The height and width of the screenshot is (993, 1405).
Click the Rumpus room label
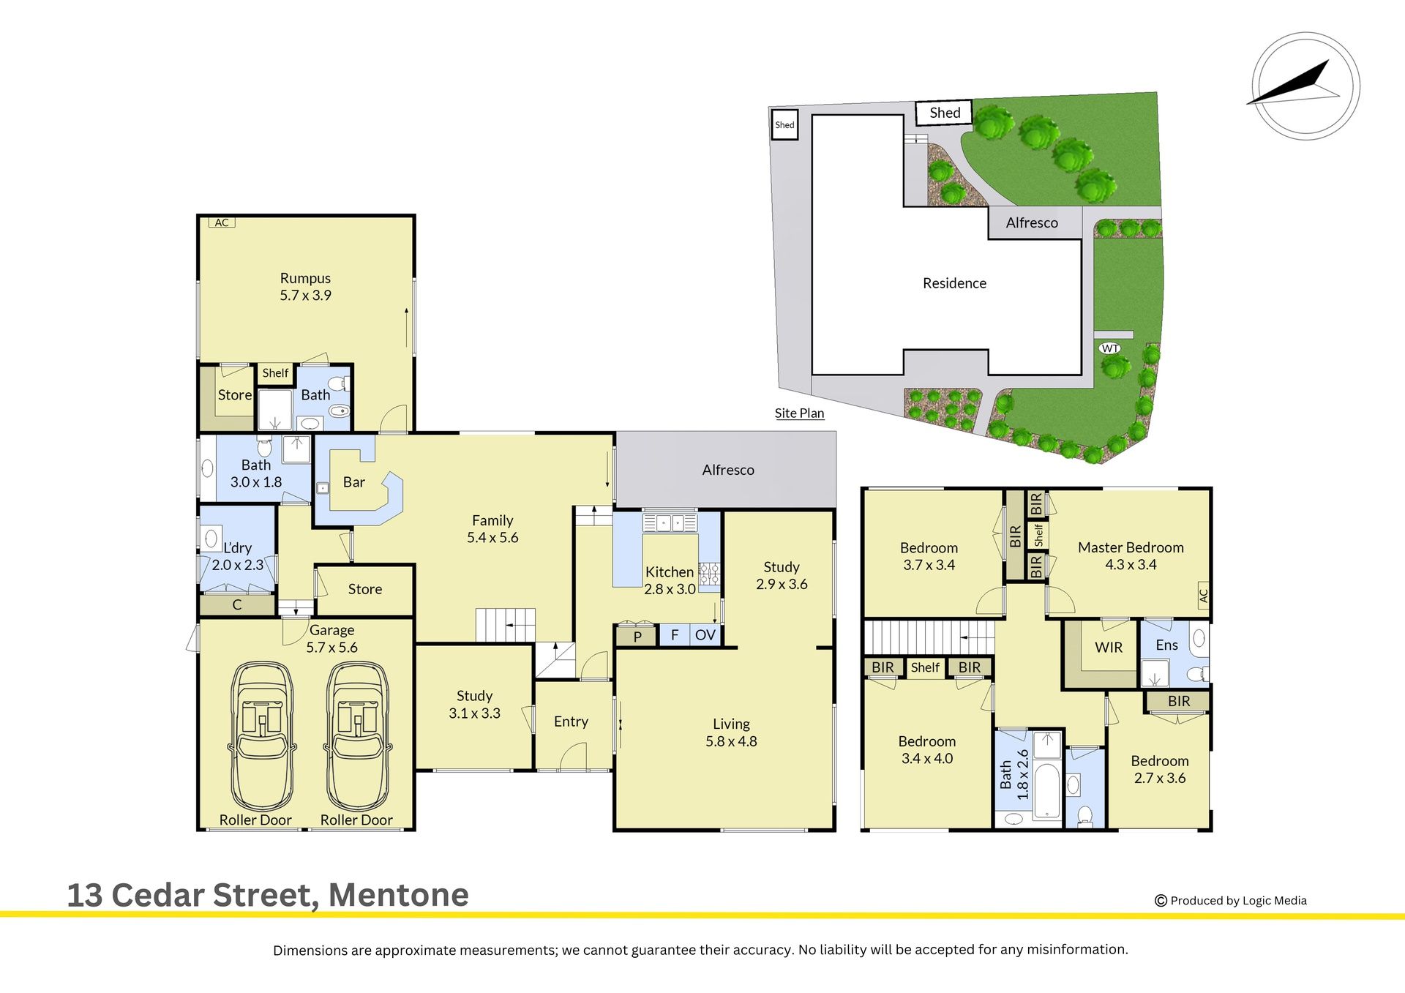click(x=305, y=287)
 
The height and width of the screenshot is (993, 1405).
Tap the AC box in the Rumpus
click(x=222, y=222)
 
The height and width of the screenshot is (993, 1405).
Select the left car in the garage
click(x=263, y=735)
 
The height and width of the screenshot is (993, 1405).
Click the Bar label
click(x=354, y=482)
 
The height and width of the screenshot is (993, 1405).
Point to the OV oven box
click(x=705, y=635)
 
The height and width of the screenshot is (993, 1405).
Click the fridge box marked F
click(x=675, y=635)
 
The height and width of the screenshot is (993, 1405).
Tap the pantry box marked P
click(x=637, y=636)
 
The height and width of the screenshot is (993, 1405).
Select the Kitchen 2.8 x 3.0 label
click(x=670, y=580)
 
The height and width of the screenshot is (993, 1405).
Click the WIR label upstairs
click(x=1109, y=648)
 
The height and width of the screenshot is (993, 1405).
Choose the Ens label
click(x=1167, y=645)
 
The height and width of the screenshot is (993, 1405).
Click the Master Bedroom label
click(x=1131, y=556)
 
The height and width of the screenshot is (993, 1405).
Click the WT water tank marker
click(x=1110, y=348)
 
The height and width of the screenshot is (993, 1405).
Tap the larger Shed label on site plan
click(x=945, y=113)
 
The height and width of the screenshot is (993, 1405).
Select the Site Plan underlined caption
click(x=799, y=413)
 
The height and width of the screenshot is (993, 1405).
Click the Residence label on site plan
click(x=954, y=283)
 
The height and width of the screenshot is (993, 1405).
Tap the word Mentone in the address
click(x=399, y=895)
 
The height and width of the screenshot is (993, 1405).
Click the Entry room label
click(x=571, y=722)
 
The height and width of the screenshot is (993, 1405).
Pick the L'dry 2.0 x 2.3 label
click(x=237, y=556)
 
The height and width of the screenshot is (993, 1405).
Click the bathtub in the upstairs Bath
click(x=1047, y=791)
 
